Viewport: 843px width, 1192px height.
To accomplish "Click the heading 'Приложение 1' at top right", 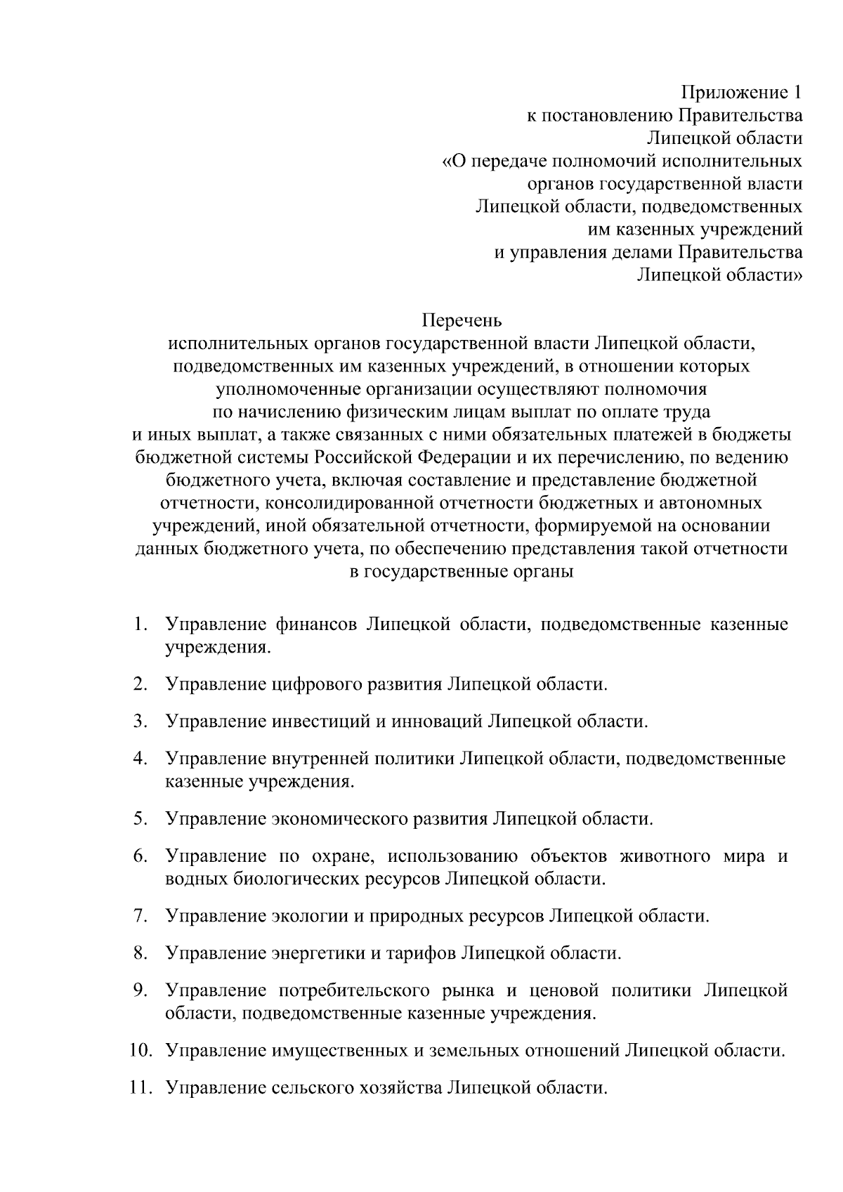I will [741, 93].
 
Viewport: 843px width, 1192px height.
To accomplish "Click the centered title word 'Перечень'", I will [462, 321].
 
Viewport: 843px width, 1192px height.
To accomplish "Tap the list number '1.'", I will [140, 624].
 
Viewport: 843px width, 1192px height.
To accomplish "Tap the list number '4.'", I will [140, 759].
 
